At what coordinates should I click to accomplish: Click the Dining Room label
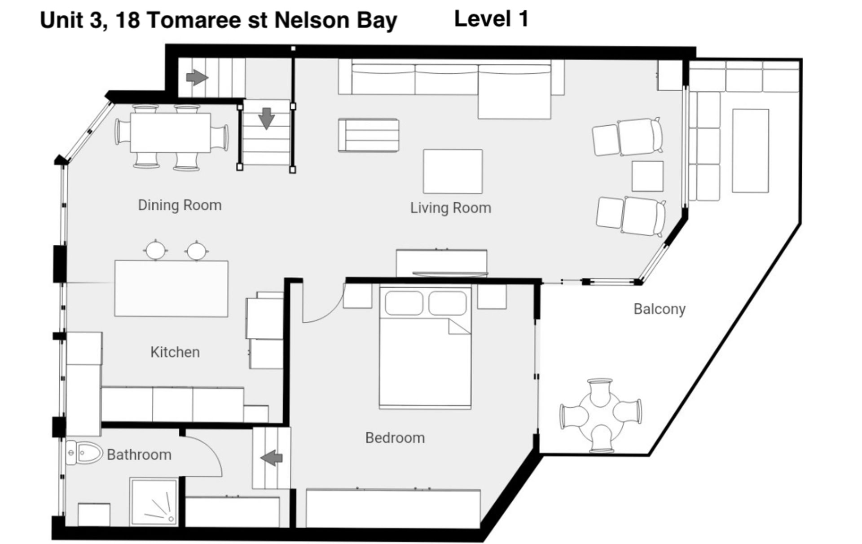coord(180,205)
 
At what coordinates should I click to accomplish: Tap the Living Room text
coord(451,208)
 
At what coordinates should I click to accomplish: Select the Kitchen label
coord(175,352)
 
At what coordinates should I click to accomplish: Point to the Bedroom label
coord(395,438)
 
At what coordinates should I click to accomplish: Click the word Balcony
coord(660,310)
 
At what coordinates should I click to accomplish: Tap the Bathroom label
coord(139,455)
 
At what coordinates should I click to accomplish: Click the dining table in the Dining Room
coord(171,133)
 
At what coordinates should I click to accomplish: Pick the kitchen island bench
coord(171,288)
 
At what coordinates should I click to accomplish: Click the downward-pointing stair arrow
coord(267,119)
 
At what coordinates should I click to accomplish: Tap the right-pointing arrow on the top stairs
coord(197,78)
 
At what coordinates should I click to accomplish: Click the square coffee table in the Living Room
coord(453,172)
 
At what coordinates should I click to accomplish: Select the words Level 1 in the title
coord(492,19)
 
